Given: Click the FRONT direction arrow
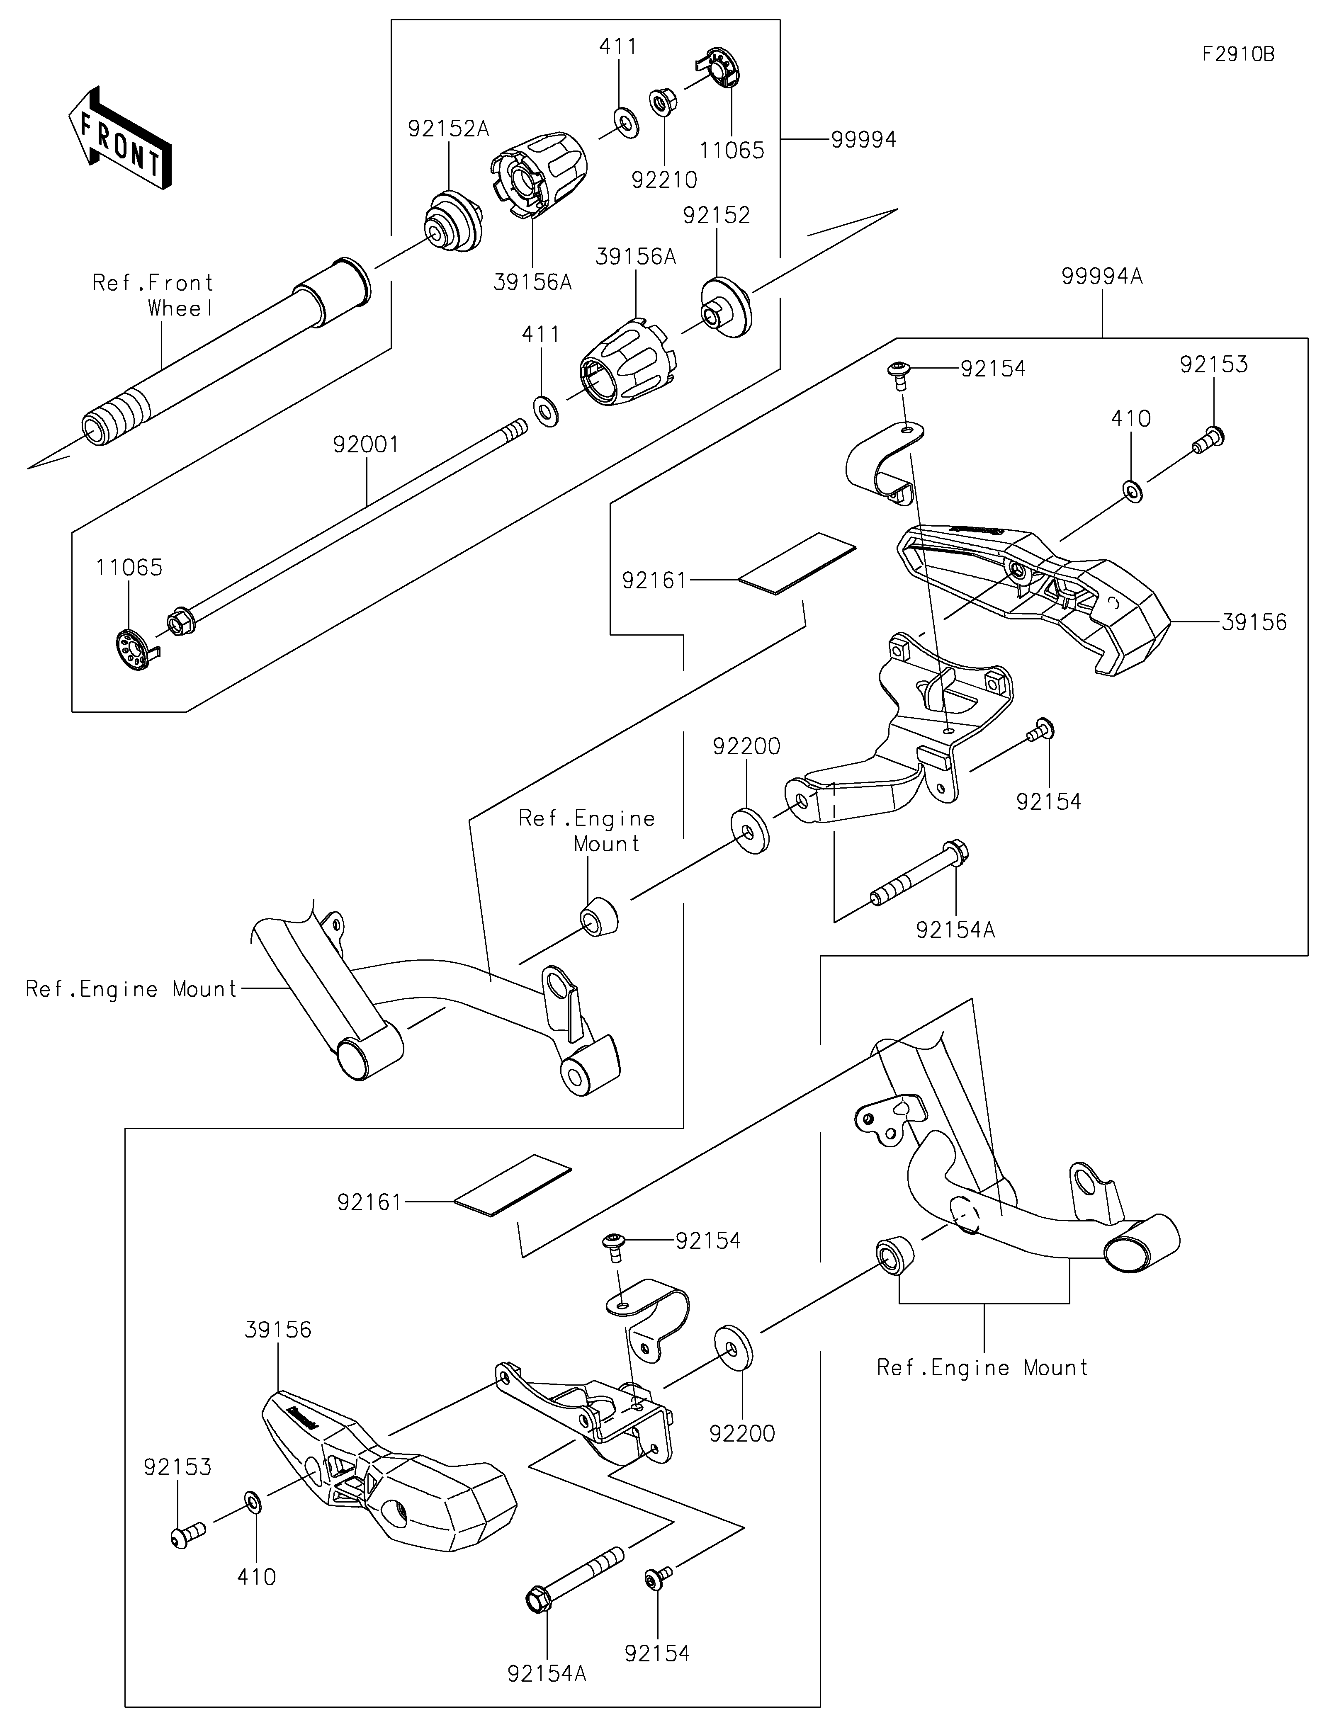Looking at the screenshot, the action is point(120,137).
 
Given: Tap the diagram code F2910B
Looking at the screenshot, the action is point(1238,54).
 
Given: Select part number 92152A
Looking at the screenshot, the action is point(448,129).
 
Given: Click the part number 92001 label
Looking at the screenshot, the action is point(366,445).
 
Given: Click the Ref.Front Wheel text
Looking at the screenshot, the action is point(153,295).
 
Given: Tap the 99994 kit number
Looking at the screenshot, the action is point(863,140).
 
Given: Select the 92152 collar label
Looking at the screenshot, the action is point(717,215).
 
